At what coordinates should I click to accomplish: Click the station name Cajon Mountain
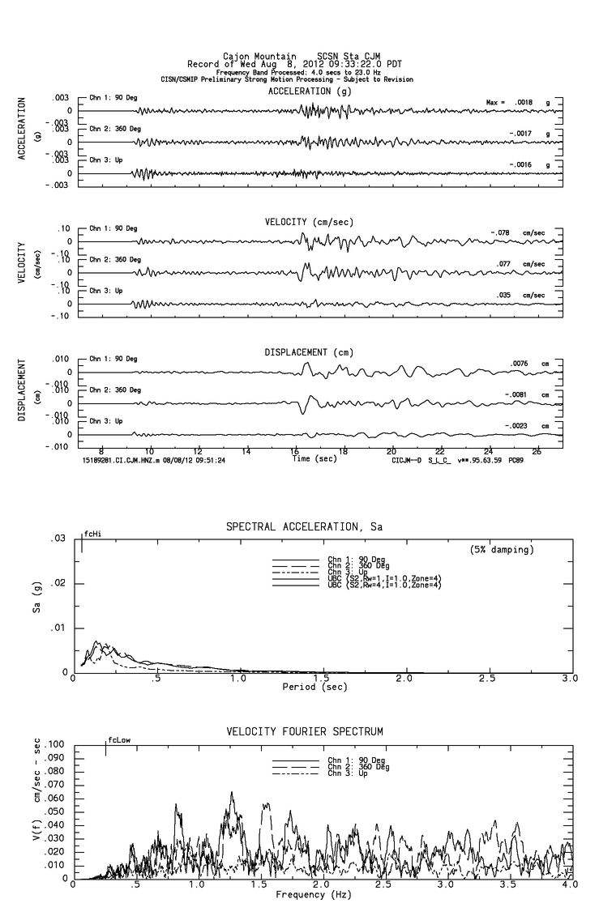tap(254, 57)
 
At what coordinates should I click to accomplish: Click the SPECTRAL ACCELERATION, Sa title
tap(304, 527)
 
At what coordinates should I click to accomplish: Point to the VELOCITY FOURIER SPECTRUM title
tap(304, 732)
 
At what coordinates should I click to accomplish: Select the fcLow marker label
tap(118, 740)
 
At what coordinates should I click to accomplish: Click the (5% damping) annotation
tap(502, 550)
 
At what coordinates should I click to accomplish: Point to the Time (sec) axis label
tap(313, 458)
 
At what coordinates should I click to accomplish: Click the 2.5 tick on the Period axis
tap(487, 679)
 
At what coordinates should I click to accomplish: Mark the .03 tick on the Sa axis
tap(58, 539)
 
